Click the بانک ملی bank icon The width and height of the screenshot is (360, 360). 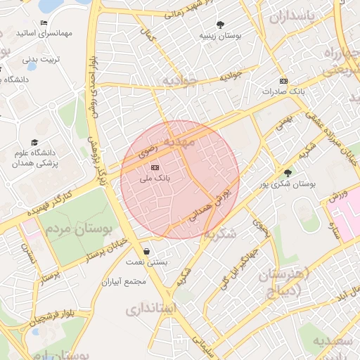(x=155, y=167)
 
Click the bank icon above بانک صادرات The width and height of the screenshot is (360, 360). (x=283, y=81)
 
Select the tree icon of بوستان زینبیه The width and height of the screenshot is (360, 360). (x=221, y=24)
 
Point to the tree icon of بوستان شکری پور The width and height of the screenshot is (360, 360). (x=287, y=172)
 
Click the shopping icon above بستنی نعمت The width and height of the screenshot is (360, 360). (x=146, y=251)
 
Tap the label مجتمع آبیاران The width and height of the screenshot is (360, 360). (x=123, y=282)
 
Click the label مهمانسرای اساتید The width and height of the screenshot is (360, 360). (x=25, y=33)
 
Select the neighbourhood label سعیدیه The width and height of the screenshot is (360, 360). (x=335, y=341)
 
